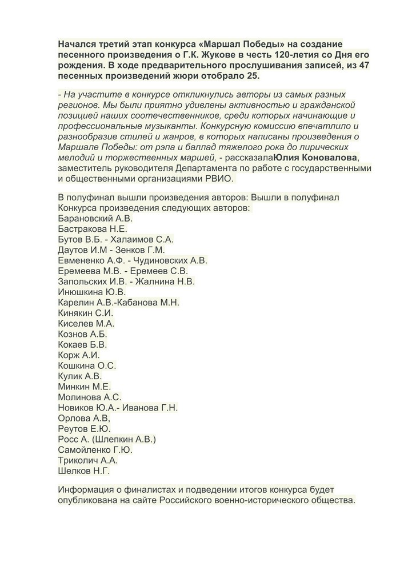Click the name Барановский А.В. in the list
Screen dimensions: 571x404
tap(95, 218)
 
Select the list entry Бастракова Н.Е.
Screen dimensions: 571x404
tap(89, 228)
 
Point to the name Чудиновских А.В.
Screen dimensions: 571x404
tap(170, 260)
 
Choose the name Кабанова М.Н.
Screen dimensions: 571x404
tap(150, 303)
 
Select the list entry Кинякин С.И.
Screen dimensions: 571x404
tap(86, 313)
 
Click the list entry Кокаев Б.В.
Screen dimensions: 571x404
tap(82, 345)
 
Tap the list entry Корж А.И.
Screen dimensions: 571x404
tap(79, 355)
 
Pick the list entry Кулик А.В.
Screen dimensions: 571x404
tap(80, 376)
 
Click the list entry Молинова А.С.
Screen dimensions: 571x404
tap(90, 397)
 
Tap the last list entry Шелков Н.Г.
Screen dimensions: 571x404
tap(83, 471)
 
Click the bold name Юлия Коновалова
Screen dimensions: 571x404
tap(315, 158)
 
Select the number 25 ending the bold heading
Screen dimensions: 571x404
tap(268, 76)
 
